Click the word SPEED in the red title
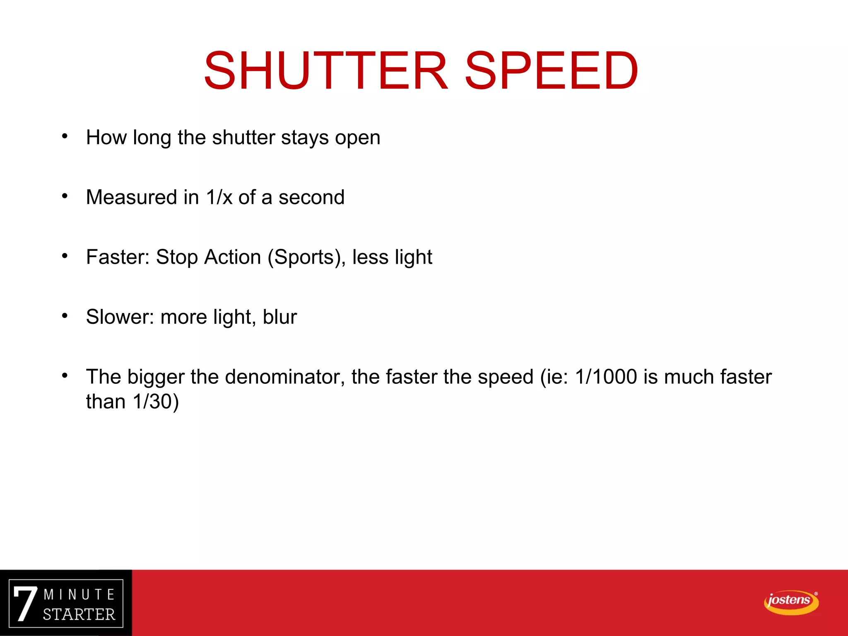click(x=551, y=70)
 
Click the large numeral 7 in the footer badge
click(x=25, y=604)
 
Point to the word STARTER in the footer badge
click(x=79, y=614)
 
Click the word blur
click(x=280, y=317)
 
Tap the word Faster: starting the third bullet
click(x=118, y=257)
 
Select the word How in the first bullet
click(x=106, y=137)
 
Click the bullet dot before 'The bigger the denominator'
click(x=65, y=376)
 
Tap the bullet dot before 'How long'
click(x=65, y=136)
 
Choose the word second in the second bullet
click(x=311, y=197)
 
